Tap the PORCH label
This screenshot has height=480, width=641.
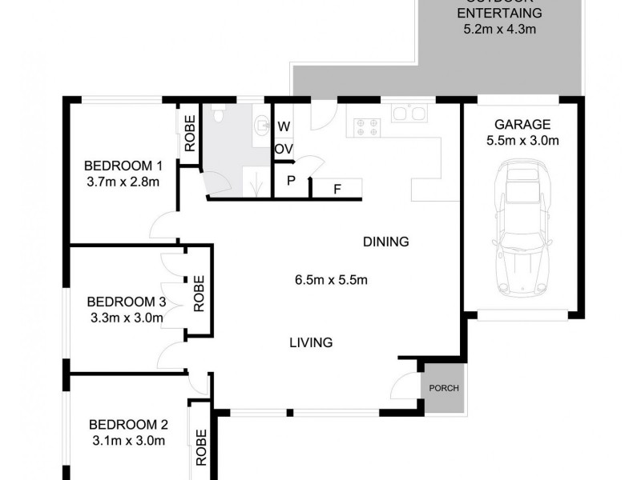(x=443, y=389)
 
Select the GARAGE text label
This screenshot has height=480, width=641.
(x=522, y=125)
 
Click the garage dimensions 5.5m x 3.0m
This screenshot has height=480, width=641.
(x=522, y=142)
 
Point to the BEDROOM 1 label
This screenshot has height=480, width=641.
(x=123, y=166)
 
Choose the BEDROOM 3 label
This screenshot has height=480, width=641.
(x=126, y=302)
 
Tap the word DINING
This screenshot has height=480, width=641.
(x=385, y=242)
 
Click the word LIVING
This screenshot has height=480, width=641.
(x=311, y=343)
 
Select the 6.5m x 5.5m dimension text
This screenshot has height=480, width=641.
(x=331, y=280)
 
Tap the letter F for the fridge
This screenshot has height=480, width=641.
(x=337, y=190)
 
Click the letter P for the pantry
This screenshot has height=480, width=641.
(x=292, y=181)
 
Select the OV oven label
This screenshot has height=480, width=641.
(x=284, y=150)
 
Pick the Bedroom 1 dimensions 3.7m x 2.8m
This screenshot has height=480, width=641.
(x=123, y=182)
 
